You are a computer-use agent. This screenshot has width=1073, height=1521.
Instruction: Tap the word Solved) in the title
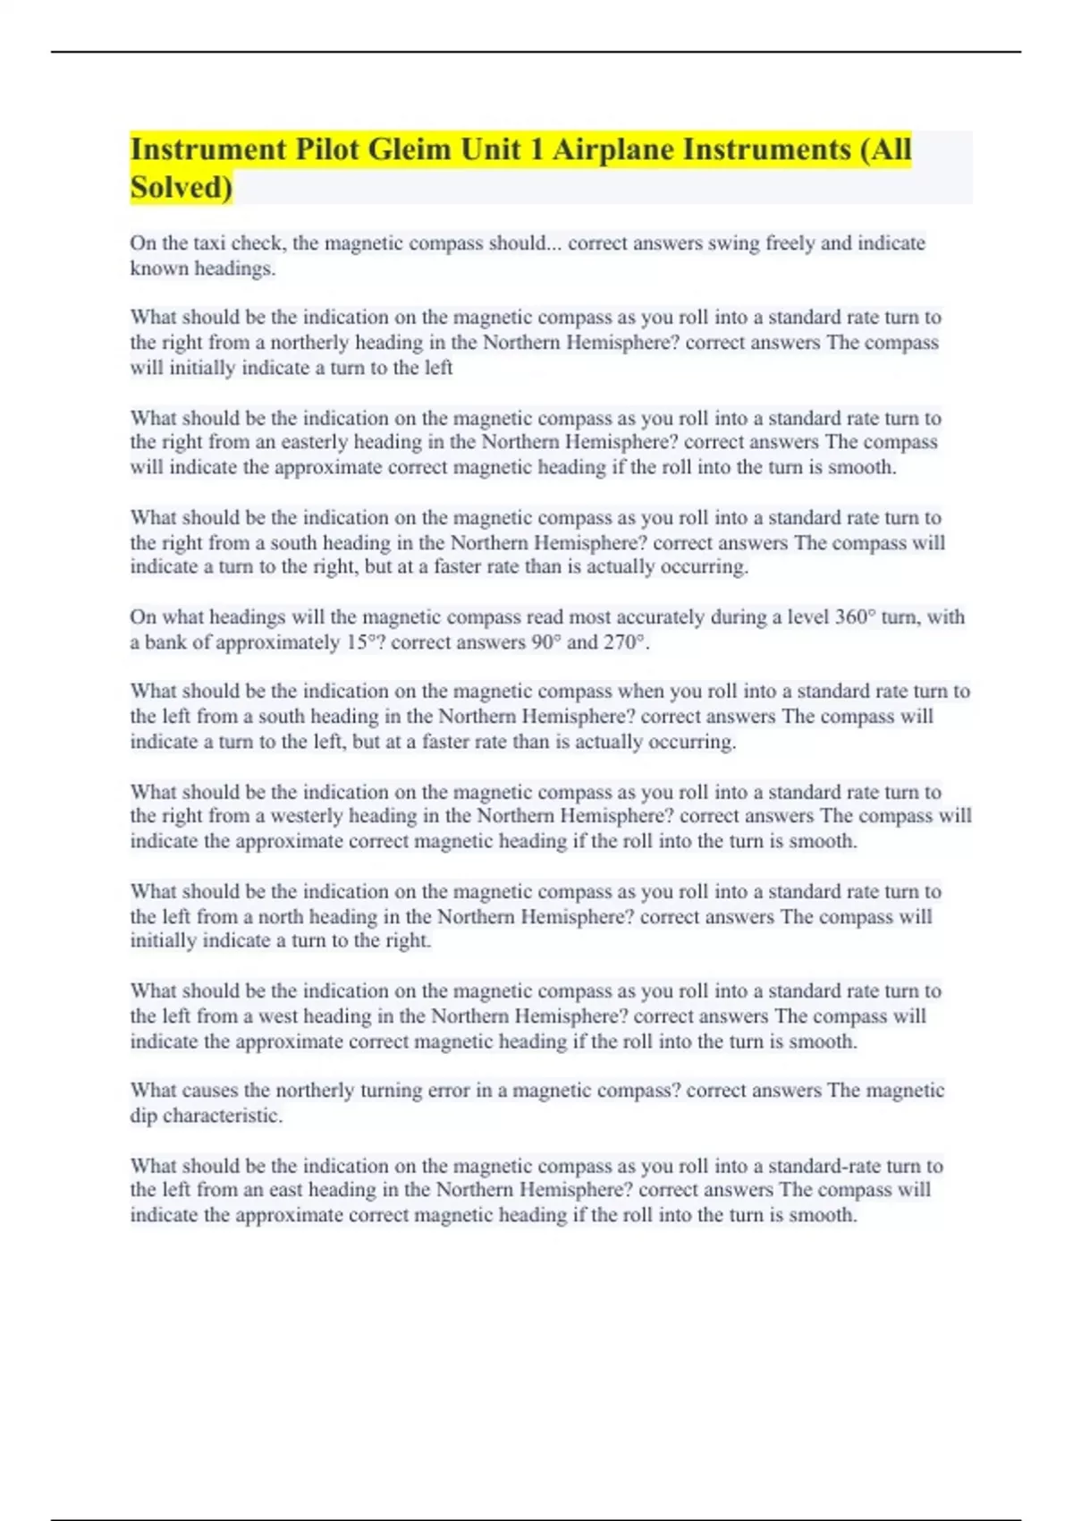click(181, 188)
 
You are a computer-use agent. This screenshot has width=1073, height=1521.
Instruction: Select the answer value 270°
click(625, 642)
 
